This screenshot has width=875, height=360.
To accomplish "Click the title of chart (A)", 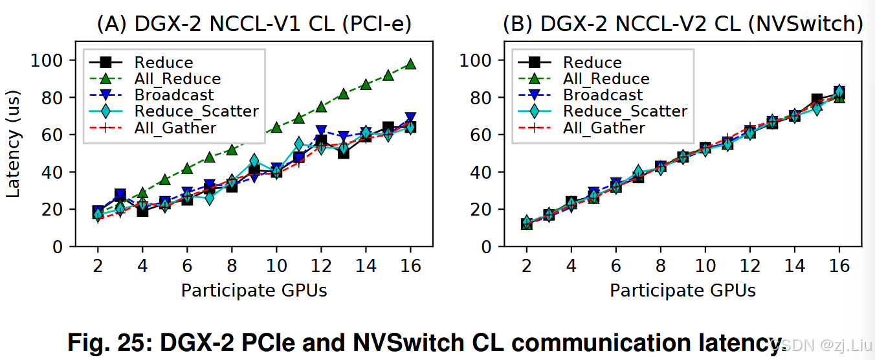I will tap(254, 25).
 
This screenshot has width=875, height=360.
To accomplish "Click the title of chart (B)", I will tap(683, 25).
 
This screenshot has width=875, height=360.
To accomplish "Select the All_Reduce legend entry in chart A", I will tap(177, 79).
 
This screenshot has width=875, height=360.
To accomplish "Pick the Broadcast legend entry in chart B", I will tap(603, 95).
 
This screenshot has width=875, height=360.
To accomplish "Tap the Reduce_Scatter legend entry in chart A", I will tap(196, 111).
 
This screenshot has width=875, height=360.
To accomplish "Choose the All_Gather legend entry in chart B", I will tap(604, 128).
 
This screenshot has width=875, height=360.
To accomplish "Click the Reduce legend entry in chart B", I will tap(592, 63).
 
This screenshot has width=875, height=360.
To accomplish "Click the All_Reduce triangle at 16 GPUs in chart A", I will tap(410, 64).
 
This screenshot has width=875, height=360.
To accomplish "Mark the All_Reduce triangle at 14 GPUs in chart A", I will tap(366, 85).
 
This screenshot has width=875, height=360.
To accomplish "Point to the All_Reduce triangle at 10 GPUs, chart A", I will tap(276, 128).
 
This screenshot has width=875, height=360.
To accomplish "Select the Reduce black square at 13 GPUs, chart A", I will tap(343, 153).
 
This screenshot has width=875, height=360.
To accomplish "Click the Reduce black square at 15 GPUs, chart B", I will tap(817, 100).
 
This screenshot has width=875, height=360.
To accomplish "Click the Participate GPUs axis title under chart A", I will tap(254, 291).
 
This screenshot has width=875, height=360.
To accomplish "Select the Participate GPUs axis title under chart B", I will tap(683, 291).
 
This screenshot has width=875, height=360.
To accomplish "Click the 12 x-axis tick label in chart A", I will tap(321, 266).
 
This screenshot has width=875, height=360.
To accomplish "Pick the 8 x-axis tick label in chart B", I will tap(660, 266).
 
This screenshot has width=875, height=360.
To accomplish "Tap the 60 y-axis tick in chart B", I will tap(483, 135).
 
